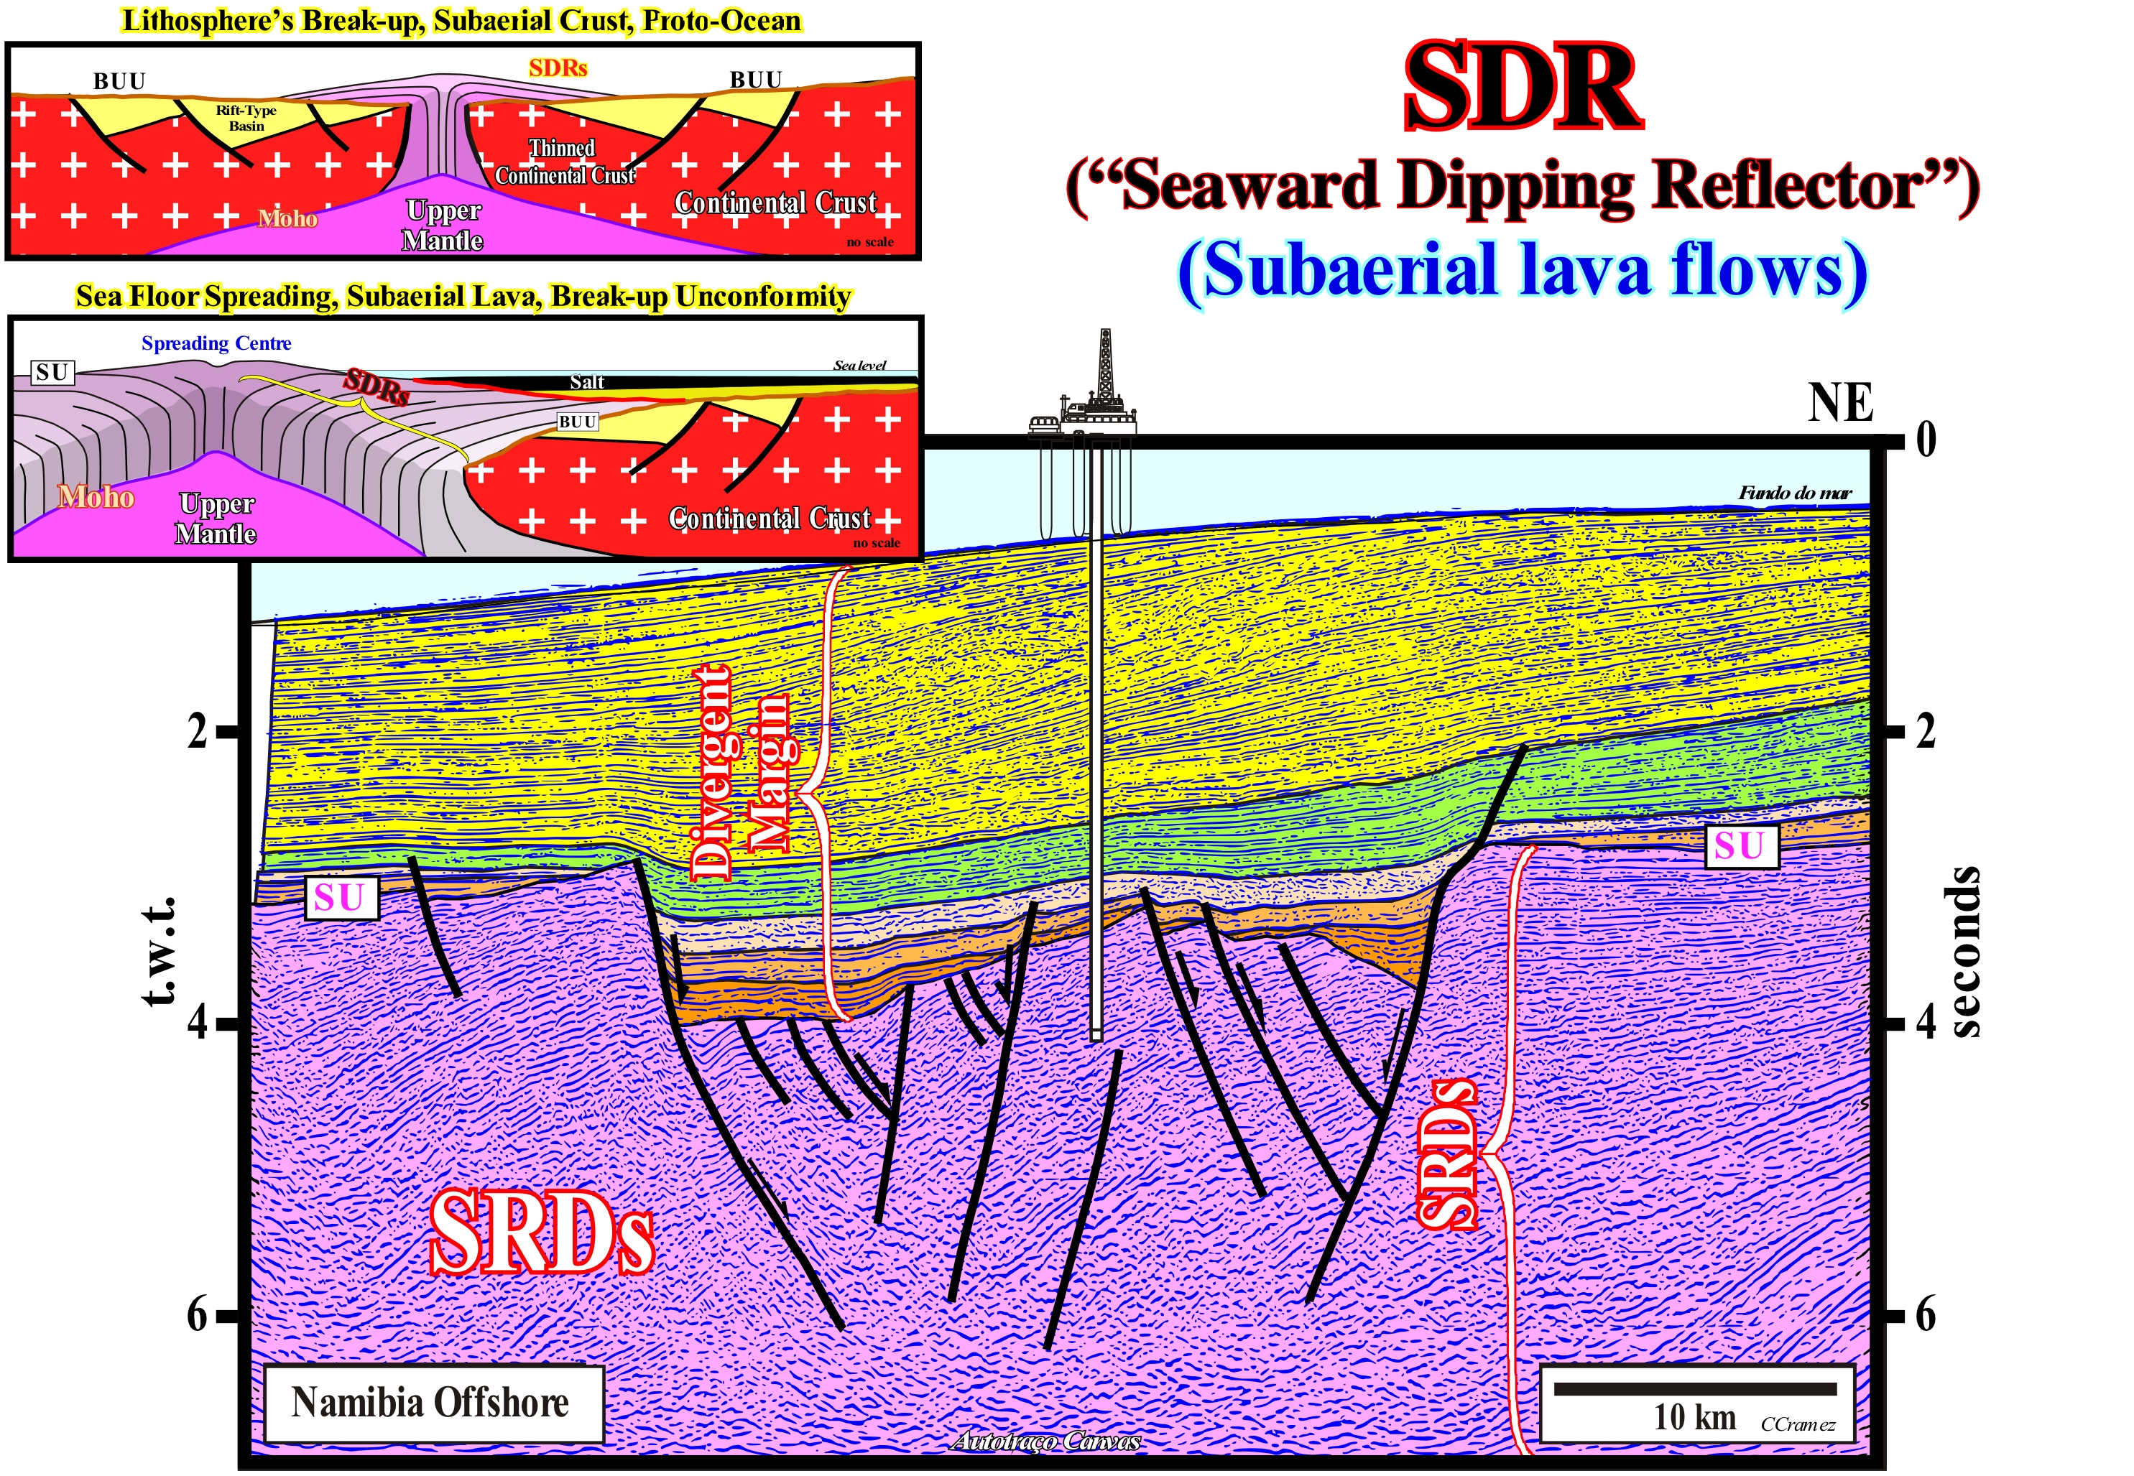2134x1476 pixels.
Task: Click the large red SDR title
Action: coord(1522,90)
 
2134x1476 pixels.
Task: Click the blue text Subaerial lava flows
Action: coord(1522,270)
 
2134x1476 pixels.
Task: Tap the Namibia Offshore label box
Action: coord(432,1402)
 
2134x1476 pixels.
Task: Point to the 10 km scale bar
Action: coord(1694,1389)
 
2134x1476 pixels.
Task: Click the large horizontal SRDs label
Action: coord(541,1233)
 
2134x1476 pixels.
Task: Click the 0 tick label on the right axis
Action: coord(1926,438)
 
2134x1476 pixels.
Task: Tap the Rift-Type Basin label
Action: coord(246,118)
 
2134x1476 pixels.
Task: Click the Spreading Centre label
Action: coord(216,343)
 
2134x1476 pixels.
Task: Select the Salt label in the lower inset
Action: coord(587,381)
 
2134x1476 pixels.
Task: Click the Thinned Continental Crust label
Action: coord(564,161)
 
